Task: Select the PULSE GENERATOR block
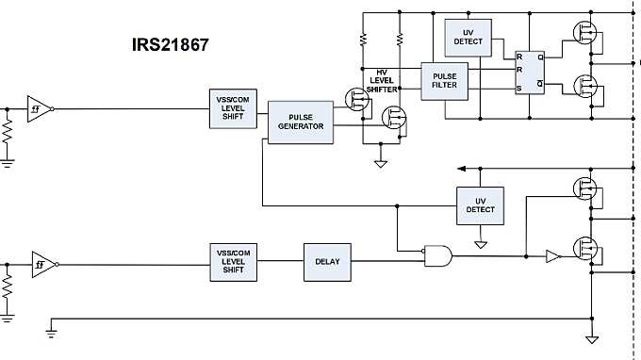point(301,122)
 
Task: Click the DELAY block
point(327,261)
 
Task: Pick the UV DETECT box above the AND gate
point(480,205)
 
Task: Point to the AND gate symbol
point(436,254)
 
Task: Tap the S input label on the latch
point(518,89)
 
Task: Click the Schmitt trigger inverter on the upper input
point(38,108)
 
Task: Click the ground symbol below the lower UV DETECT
point(480,244)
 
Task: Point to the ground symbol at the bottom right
point(591,339)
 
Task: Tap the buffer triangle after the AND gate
point(552,254)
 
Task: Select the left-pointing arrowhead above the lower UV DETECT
point(461,168)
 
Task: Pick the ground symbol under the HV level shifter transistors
point(381,162)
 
